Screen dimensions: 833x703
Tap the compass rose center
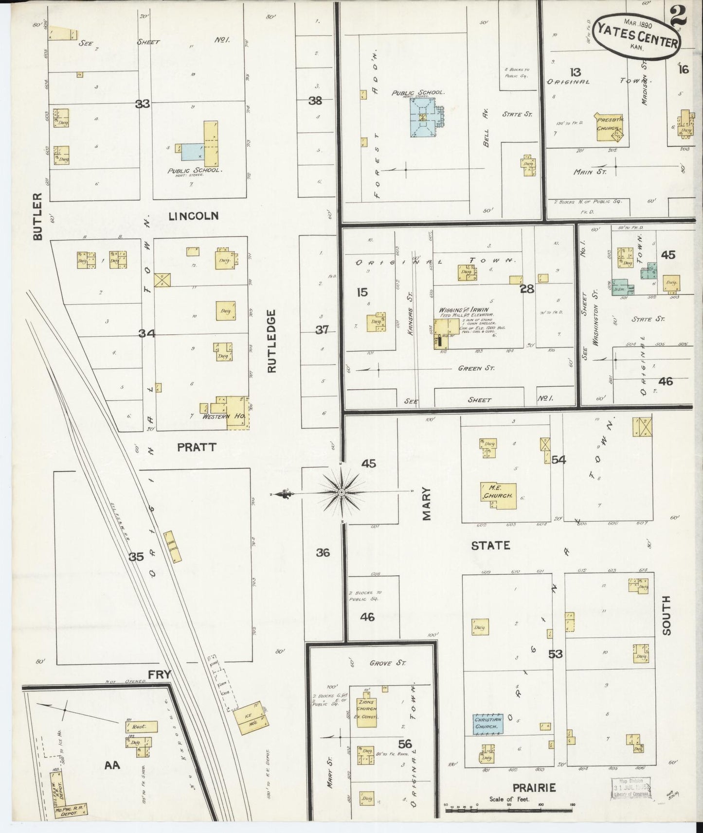point(342,493)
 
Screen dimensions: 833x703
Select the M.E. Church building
point(498,495)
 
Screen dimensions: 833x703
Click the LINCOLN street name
point(193,216)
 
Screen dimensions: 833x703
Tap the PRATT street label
point(196,447)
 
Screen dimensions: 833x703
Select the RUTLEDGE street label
point(271,341)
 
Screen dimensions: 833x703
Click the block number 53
point(555,654)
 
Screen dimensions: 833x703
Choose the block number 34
point(146,333)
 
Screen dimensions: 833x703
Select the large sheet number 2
point(678,17)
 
